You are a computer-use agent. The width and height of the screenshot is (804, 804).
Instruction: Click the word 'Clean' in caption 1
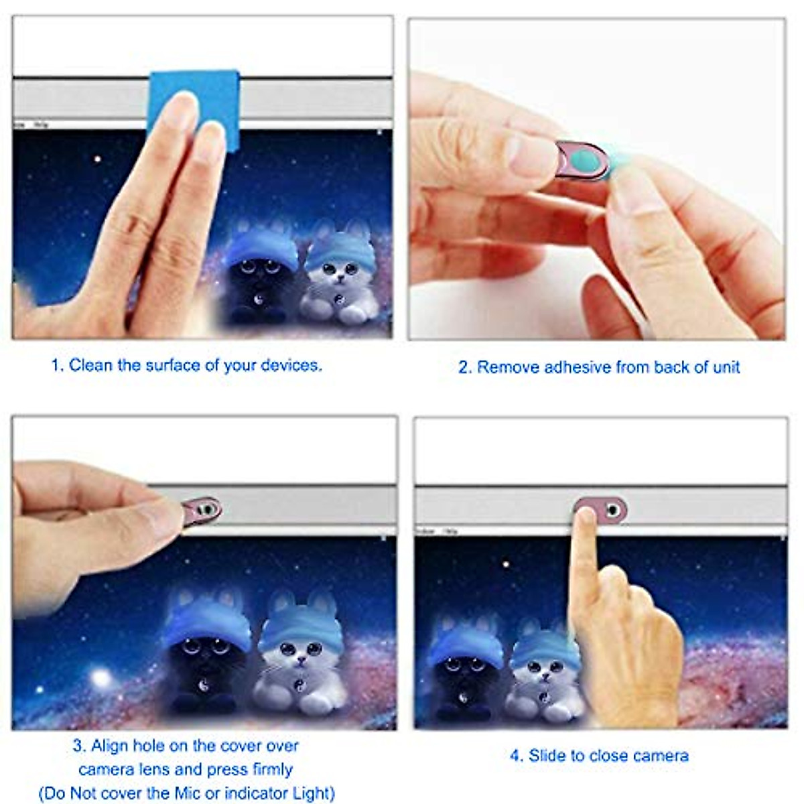[91, 365]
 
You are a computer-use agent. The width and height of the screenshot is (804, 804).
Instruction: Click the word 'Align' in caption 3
[109, 746]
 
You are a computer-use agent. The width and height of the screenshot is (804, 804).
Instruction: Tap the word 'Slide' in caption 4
[547, 756]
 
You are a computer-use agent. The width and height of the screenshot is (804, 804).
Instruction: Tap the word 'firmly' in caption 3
[272, 769]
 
